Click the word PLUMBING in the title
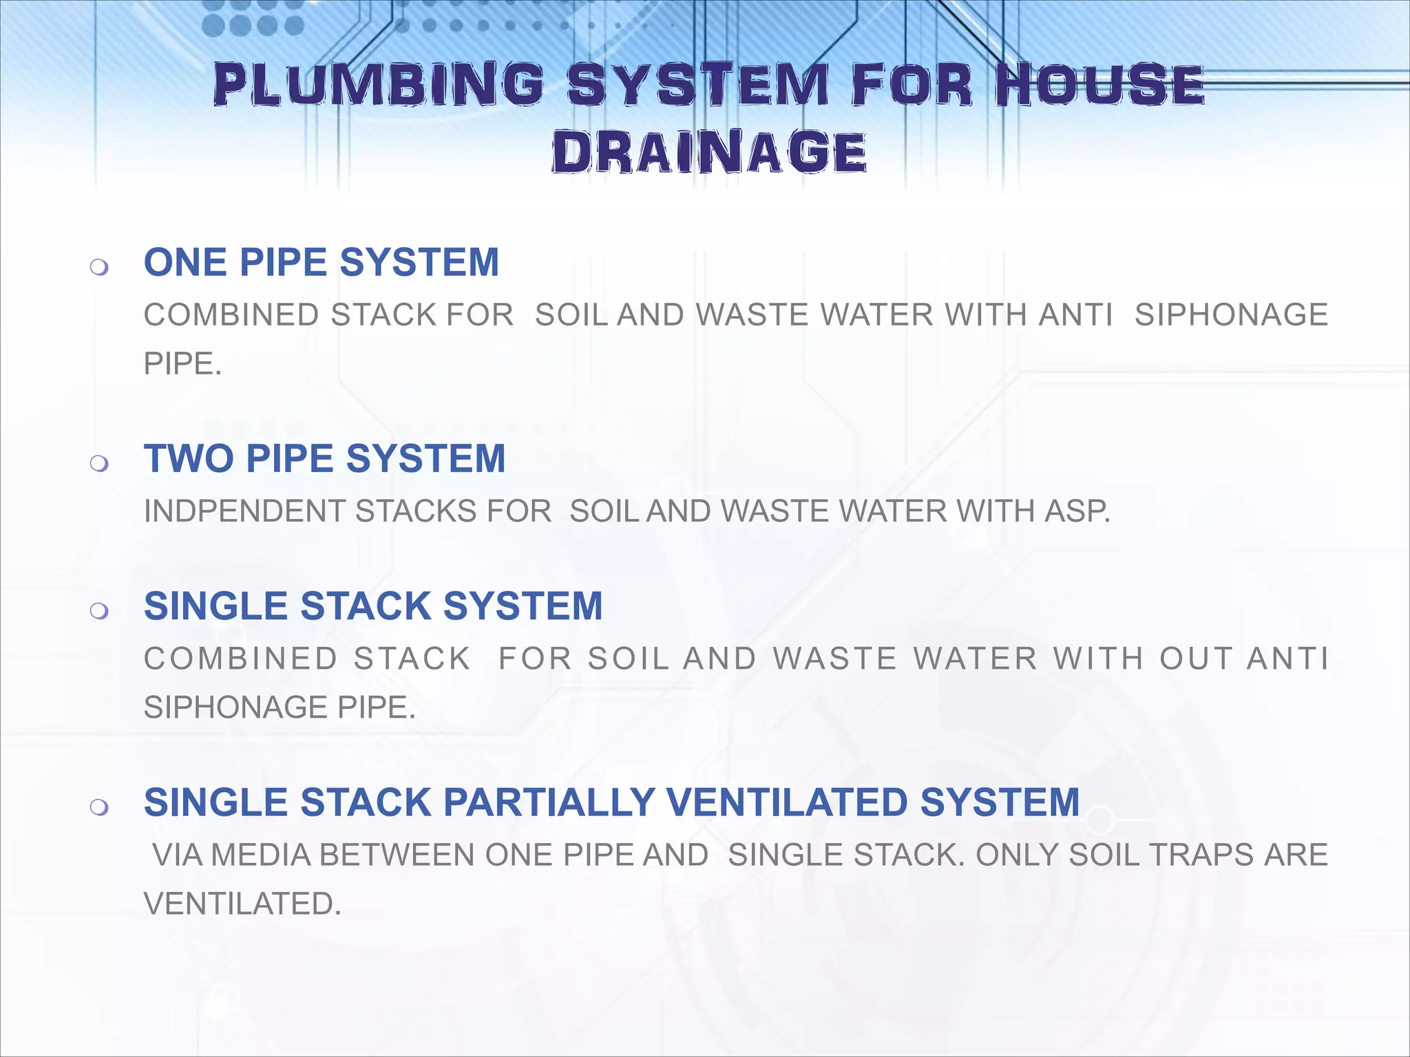click(379, 85)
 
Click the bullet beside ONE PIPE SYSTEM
click(99, 266)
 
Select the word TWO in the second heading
click(189, 459)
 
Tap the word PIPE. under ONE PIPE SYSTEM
click(182, 364)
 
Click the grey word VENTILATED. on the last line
click(242, 904)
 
